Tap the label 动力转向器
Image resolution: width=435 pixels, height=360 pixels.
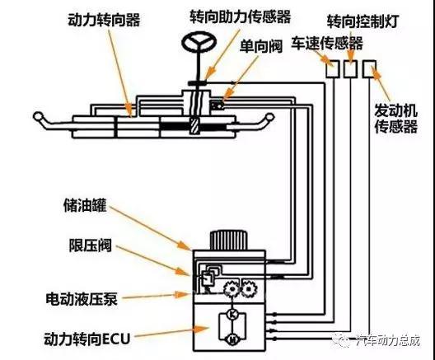[105, 20]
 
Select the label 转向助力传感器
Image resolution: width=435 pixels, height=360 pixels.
[241, 16]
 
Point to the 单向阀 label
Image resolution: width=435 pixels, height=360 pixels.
[261, 46]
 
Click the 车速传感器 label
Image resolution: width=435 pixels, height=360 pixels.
[327, 44]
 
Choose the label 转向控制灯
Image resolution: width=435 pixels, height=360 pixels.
[363, 21]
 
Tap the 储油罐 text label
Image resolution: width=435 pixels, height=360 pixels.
[85, 205]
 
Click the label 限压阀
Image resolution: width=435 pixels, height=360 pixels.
[91, 245]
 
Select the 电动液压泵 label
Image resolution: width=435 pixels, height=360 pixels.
[82, 299]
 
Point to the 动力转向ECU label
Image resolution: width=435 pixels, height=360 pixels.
[87, 339]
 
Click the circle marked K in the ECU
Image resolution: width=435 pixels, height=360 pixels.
[232, 315]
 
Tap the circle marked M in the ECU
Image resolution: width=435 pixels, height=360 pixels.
[232, 339]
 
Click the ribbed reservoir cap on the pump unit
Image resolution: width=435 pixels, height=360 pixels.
[228, 241]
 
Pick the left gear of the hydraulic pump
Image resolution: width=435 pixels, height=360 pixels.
[232, 289]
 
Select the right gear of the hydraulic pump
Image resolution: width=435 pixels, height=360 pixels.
[249, 289]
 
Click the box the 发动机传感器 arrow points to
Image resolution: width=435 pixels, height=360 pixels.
[369, 68]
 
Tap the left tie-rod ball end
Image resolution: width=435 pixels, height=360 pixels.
[38, 116]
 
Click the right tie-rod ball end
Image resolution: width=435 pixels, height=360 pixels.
[269, 117]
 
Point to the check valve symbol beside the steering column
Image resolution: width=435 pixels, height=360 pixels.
[217, 105]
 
